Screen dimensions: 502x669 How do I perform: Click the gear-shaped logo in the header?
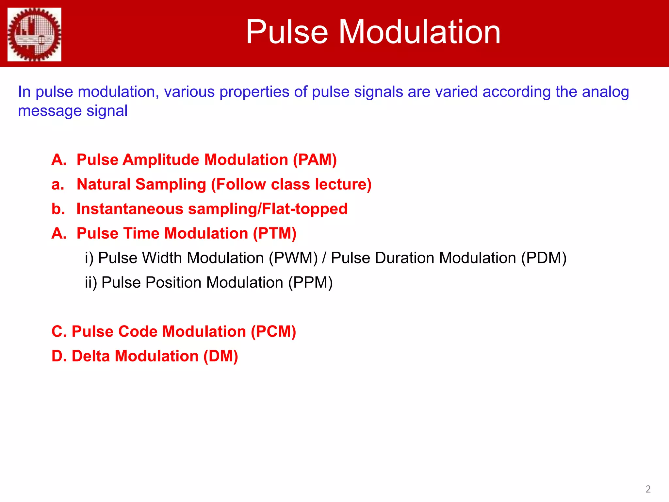(x=34, y=34)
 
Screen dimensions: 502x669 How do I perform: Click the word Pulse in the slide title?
(x=287, y=32)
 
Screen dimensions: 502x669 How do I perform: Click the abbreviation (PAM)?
(x=315, y=160)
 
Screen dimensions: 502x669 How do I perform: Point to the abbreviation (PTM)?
(x=275, y=233)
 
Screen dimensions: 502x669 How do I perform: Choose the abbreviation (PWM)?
(x=293, y=258)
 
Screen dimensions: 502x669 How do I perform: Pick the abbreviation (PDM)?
(x=544, y=258)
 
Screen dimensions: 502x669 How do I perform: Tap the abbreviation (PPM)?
(x=310, y=282)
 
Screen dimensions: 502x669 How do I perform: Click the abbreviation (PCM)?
(x=273, y=331)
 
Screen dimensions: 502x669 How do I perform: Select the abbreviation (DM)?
(x=220, y=356)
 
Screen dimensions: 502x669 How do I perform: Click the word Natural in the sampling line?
(x=104, y=184)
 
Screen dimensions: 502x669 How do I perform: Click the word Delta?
(x=90, y=356)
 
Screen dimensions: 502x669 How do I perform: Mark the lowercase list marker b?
(x=58, y=209)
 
